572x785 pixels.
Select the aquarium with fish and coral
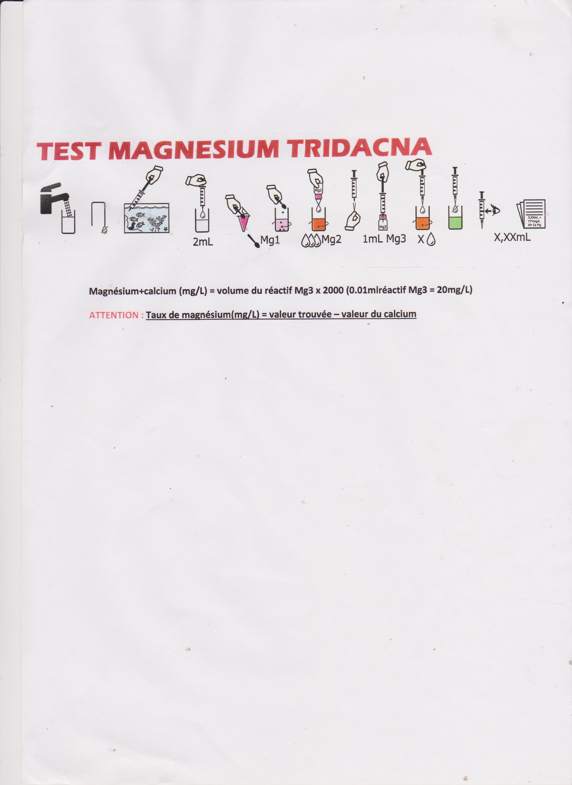click(146, 218)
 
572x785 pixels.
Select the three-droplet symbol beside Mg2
click(311, 241)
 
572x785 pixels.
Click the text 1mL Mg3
click(384, 239)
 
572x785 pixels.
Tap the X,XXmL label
click(512, 238)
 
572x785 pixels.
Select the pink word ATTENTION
click(114, 315)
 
